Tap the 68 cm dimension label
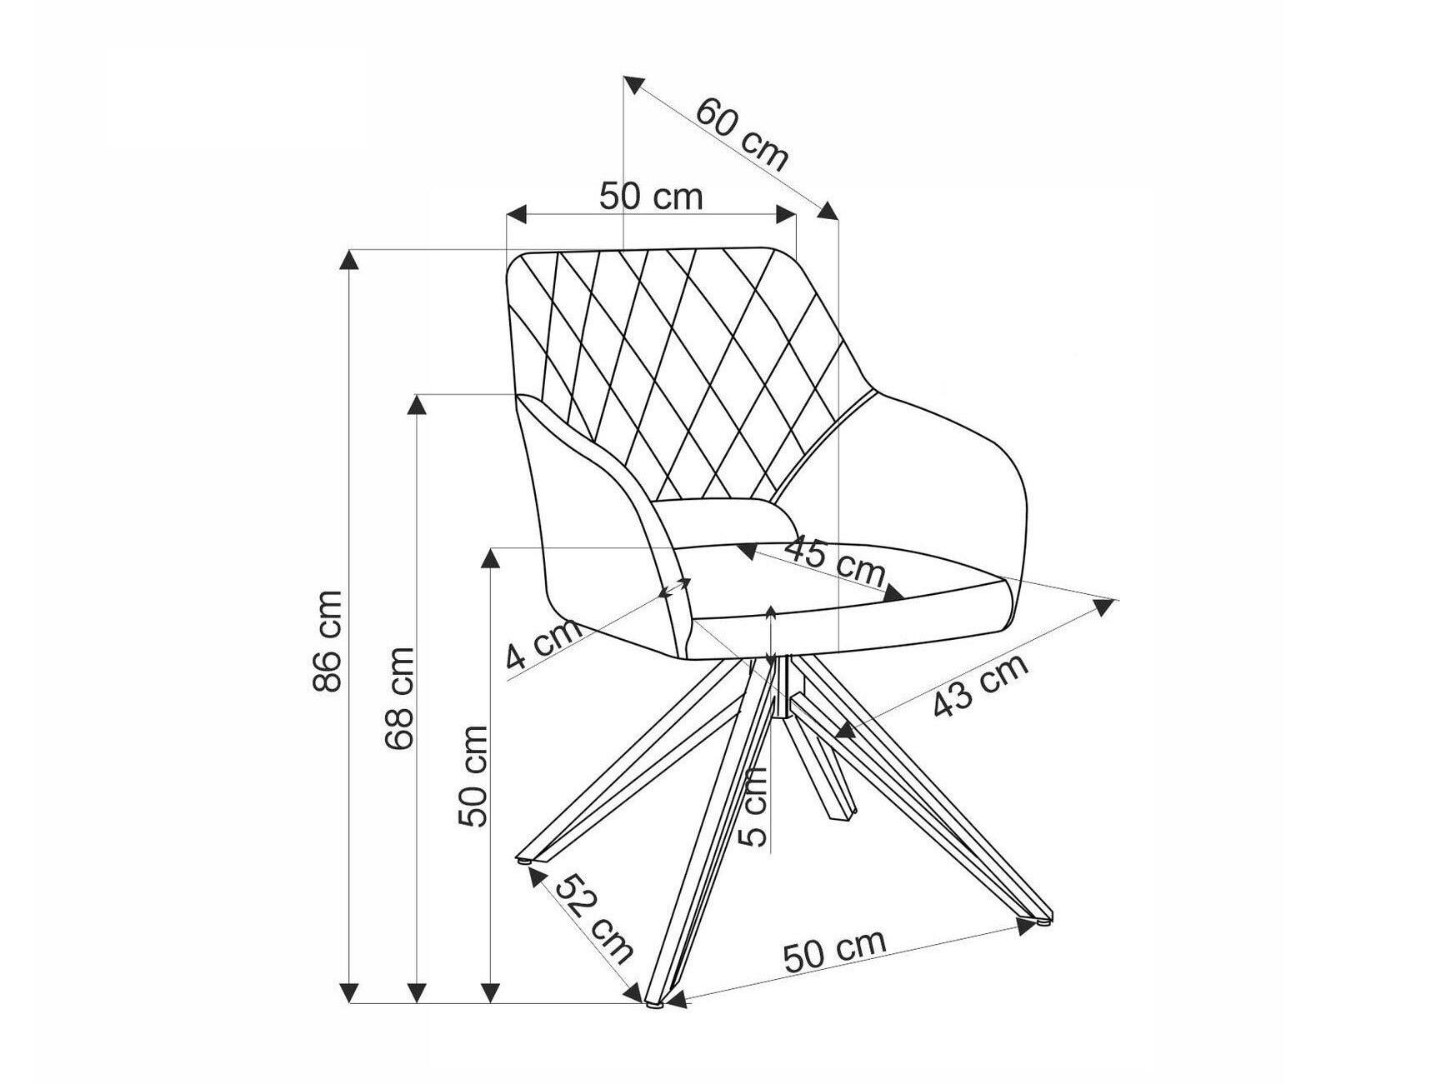pyautogui.click(x=400, y=697)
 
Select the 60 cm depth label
pyautogui.click(x=741, y=133)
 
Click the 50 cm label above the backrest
pyautogui.click(x=651, y=197)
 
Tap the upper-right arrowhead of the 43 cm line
pyautogui.click(x=1105, y=606)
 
